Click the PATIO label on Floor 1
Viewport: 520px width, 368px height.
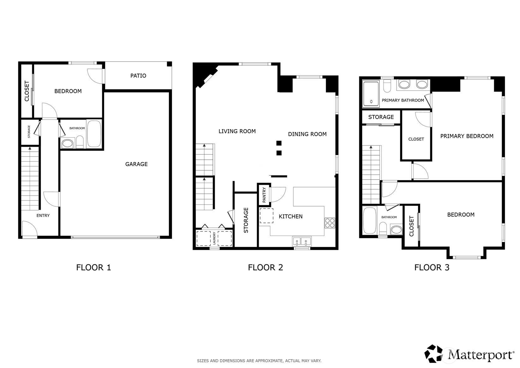pyautogui.click(x=138, y=76)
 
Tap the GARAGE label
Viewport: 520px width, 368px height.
pyautogui.click(x=136, y=164)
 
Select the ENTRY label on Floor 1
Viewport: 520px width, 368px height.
pyautogui.click(x=43, y=216)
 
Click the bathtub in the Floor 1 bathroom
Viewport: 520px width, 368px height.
pyautogui.click(x=94, y=134)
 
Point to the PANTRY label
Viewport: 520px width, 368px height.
pyautogui.click(x=264, y=195)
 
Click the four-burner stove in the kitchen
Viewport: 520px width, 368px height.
pyautogui.click(x=330, y=223)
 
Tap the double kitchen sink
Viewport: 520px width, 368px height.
pyautogui.click(x=302, y=242)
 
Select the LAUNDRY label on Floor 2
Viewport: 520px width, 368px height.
pyautogui.click(x=214, y=238)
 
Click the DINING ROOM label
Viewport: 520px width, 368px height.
pyautogui.click(x=307, y=134)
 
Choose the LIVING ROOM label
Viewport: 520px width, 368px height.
pyautogui.click(x=237, y=131)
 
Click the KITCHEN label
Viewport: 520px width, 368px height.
pyautogui.click(x=290, y=217)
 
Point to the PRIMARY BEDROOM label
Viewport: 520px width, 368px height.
pyautogui.click(x=467, y=136)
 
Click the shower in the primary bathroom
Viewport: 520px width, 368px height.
pyautogui.click(x=371, y=94)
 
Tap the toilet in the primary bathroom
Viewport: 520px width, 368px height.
pyautogui.click(x=387, y=86)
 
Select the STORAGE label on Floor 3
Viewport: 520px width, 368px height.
pyautogui.click(x=381, y=117)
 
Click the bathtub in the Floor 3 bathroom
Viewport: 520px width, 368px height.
pyautogui.click(x=370, y=220)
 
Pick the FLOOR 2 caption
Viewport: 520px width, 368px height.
pyautogui.click(x=265, y=267)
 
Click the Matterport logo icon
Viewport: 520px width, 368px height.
pyautogui.click(x=433, y=353)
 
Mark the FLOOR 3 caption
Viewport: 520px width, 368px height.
pyautogui.click(x=432, y=267)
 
